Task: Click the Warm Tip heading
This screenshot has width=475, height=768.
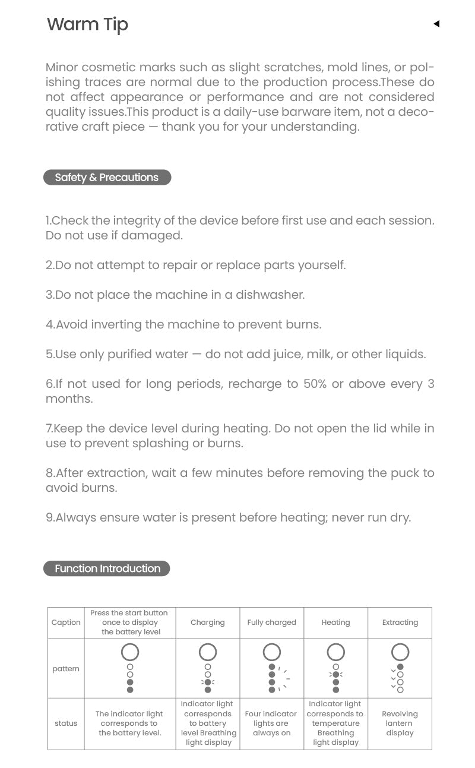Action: (87, 24)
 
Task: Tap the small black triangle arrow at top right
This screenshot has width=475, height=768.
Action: (436, 24)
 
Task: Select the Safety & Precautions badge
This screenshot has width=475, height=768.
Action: (107, 178)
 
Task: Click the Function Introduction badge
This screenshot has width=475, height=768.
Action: (107, 568)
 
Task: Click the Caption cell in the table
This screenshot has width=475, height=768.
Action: (66, 622)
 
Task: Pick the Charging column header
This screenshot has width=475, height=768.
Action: (208, 622)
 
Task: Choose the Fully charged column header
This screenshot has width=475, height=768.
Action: (271, 622)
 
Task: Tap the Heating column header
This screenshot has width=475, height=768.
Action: (335, 622)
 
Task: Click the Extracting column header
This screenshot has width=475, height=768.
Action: (400, 622)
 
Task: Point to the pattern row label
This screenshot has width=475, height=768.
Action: (66, 669)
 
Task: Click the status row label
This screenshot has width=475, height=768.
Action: (66, 723)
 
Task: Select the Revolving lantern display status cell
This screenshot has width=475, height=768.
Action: (400, 723)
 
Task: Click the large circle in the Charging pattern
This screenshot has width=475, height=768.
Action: (208, 652)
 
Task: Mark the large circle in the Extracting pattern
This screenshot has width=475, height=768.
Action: (400, 652)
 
